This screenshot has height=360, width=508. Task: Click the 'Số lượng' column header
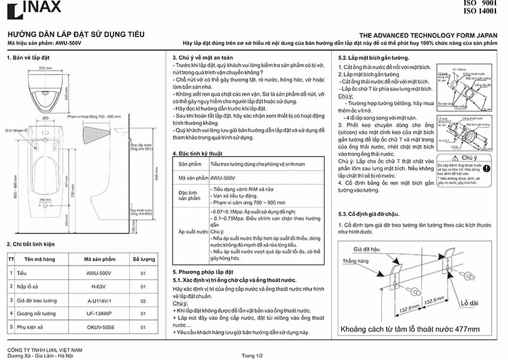click(143, 260)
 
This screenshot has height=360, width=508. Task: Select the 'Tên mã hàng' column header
click(39, 260)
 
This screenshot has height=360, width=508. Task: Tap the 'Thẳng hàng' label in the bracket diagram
click(355, 261)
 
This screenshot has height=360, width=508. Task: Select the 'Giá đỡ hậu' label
click(365, 248)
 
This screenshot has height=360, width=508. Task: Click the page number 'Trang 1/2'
click(252, 355)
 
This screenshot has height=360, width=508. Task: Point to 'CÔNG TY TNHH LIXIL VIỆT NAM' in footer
click(44, 349)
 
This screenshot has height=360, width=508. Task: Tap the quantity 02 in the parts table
click(143, 300)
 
